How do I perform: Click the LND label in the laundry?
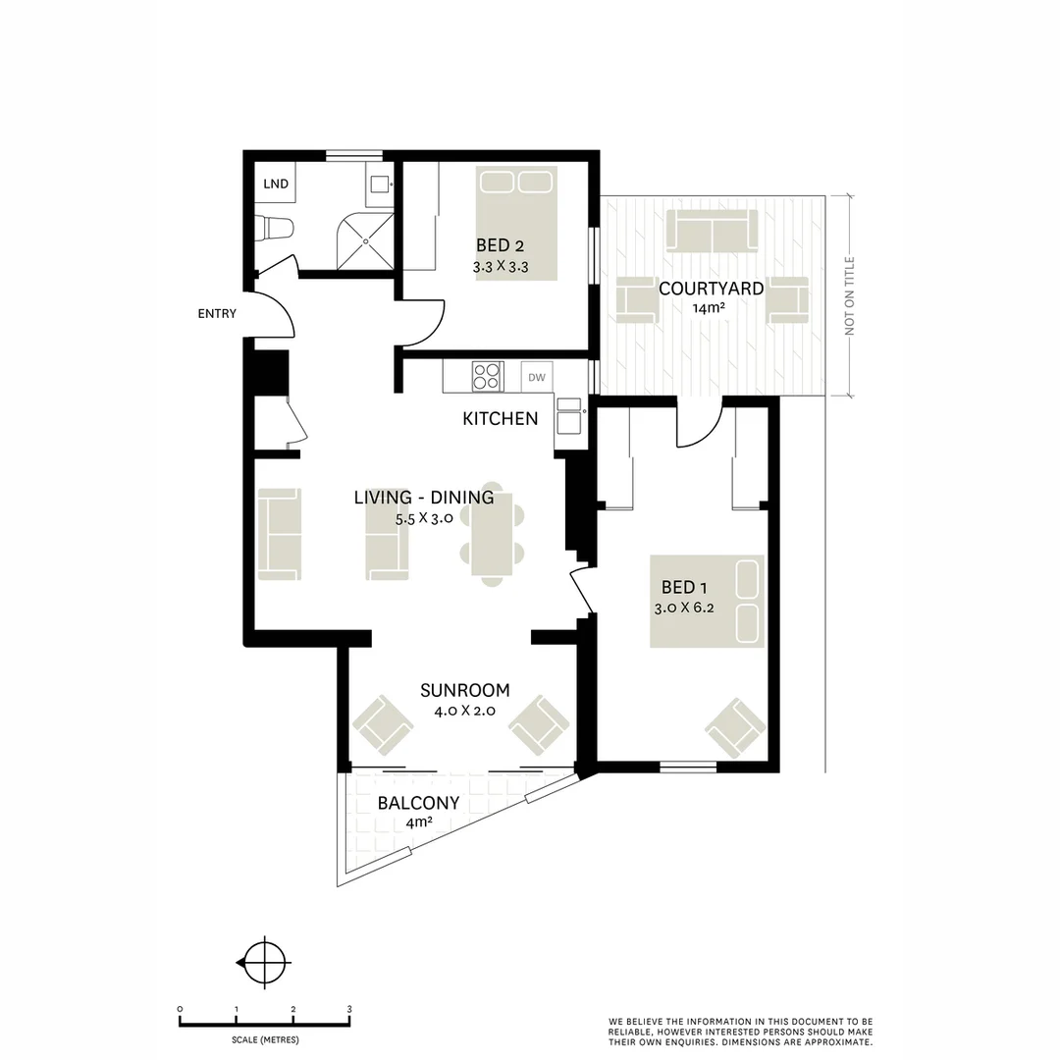[276, 184]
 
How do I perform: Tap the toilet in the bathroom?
[275, 228]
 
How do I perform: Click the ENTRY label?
[217, 314]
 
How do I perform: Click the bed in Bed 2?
[516, 223]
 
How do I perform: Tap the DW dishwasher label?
[536, 377]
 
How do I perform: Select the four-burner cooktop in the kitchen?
[487, 376]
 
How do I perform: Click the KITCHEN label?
[500, 419]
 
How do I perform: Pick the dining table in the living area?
[492, 533]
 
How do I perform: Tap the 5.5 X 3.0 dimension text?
[423, 519]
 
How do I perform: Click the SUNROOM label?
[464, 690]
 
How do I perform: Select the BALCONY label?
[418, 803]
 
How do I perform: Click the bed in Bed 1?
[707, 601]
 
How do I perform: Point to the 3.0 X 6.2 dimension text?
[684, 608]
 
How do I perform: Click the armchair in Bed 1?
[735, 727]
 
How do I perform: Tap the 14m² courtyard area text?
[710, 309]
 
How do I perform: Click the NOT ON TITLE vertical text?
[850, 295]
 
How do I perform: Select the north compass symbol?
[264, 963]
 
